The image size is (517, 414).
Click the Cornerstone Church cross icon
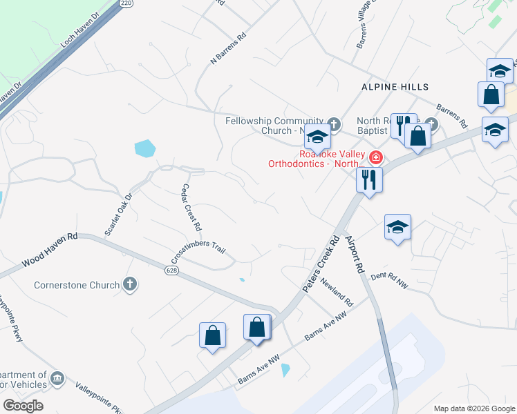click(129, 284)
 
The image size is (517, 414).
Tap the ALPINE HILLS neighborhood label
click(395, 87)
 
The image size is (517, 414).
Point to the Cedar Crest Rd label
click(191, 208)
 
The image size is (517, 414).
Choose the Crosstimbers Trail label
click(199, 256)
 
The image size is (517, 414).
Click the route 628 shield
click(171, 270)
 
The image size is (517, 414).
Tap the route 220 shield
click(125, 3)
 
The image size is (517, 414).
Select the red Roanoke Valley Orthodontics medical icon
click(375, 157)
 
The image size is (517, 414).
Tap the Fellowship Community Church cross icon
click(334, 124)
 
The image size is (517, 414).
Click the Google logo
click(23, 406)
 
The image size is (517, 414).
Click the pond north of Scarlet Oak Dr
click(145, 148)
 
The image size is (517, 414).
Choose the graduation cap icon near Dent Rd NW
click(398, 227)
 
